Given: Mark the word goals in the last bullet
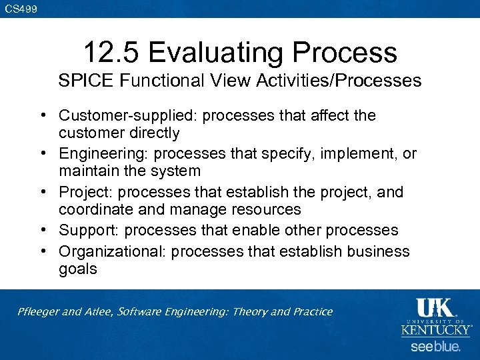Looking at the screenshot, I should [77, 269].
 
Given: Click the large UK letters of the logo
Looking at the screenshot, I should [435, 308].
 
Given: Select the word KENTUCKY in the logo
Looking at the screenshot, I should [436, 330].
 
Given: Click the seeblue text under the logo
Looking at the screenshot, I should [435, 347].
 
